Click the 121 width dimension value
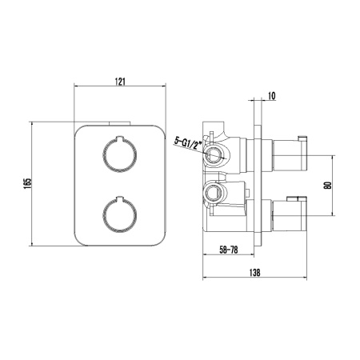coord(120,81)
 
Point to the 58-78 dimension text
coord(232,249)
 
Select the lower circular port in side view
coord(212,193)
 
